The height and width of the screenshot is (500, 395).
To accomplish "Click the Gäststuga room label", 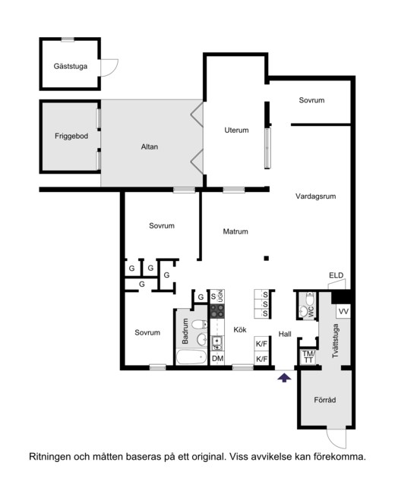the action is [x=70, y=66].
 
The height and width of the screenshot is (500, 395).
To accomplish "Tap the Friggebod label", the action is [x=71, y=136].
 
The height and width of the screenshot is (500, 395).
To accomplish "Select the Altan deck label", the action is [x=150, y=146].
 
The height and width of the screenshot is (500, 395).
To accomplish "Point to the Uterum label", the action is [x=236, y=130].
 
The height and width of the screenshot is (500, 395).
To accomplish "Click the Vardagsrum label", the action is [x=315, y=197].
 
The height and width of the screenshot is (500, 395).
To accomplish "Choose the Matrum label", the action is [x=235, y=231].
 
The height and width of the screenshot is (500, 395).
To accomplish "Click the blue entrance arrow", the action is [x=284, y=378].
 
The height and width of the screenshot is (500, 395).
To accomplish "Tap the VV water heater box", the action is [x=343, y=311].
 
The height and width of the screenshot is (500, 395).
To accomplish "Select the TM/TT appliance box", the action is [x=308, y=357].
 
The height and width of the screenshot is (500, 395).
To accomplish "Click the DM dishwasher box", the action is [x=217, y=358].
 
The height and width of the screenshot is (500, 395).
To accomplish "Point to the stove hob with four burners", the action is [x=217, y=311].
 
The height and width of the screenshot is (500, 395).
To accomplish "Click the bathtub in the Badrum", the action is [x=191, y=357].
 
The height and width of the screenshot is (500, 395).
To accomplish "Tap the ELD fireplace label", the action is [x=337, y=275].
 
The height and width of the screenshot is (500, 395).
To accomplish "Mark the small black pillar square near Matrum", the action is [x=267, y=258].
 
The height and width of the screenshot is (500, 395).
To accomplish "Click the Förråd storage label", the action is [x=325, y=400].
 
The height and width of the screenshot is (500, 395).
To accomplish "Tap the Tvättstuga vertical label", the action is [x=335, y=341].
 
